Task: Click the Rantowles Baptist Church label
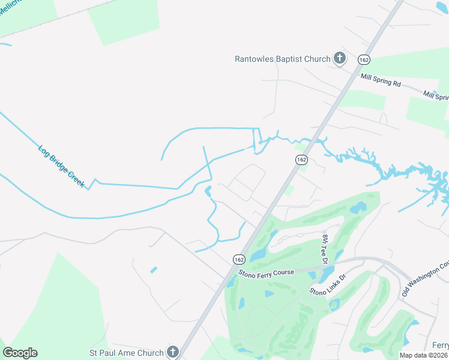pos(282,59)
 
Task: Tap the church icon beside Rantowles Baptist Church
pos(339,58)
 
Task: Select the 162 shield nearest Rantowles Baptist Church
pos(363,59)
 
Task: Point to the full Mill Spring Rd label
pos(381,81)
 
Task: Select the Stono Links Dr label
pos(328,284)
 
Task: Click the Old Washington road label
pos(425,280)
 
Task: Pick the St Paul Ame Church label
pos(127,352)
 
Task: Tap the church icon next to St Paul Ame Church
pos(172,352)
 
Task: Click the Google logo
pos(20,353)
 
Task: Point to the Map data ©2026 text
pos(423,355)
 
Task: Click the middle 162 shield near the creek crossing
pos(301,160)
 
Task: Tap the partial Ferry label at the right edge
pos(440,345)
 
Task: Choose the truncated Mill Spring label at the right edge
pos(436,96)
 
